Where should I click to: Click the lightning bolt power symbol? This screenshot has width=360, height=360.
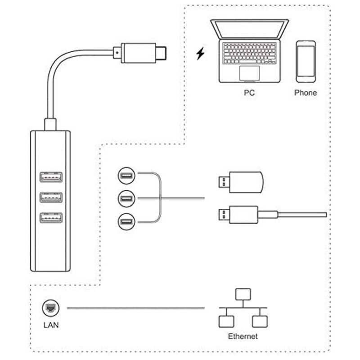200,54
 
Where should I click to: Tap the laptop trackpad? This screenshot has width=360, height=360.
249,72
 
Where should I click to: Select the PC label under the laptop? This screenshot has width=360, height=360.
249,93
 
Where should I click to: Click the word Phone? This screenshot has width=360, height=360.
306,93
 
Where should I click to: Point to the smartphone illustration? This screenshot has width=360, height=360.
306,62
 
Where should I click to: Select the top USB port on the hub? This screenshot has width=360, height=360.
50,177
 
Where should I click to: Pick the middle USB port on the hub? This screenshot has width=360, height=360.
50,197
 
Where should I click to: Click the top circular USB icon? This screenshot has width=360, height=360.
126,175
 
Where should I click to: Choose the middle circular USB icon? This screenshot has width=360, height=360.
126,198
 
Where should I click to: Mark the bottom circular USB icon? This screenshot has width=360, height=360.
126,221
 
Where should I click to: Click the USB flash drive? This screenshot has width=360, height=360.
240,182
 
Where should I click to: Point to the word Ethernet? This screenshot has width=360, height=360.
243,336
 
